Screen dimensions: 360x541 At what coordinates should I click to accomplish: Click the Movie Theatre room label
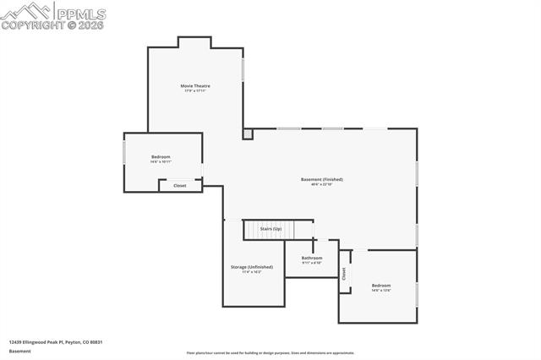pos(195,85)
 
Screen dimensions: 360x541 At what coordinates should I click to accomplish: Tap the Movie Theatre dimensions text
pos(195,90)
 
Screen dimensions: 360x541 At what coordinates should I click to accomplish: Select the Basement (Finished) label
pos(322,179)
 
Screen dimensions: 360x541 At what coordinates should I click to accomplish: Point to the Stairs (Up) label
pos(270,229)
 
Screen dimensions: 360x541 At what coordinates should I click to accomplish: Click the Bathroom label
pos(312,258)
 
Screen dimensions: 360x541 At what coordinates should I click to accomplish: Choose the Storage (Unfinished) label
pos(252,267)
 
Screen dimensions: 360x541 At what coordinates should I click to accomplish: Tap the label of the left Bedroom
pos(161,156)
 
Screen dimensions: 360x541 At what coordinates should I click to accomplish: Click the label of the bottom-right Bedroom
pos(381,286)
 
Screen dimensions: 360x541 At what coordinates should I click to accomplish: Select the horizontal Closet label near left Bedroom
pos(180,185)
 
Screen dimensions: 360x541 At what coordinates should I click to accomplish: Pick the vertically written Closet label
pos(344,273)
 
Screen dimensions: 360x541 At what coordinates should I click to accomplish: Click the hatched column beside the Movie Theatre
pos(247,134)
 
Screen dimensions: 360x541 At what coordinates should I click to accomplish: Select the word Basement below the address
pos(20,351)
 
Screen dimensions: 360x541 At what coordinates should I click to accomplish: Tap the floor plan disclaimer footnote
pos(270,353)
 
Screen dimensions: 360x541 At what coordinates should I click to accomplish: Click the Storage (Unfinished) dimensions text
pos(252,272)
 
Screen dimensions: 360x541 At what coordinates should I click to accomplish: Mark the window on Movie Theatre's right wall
pos(243,68)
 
